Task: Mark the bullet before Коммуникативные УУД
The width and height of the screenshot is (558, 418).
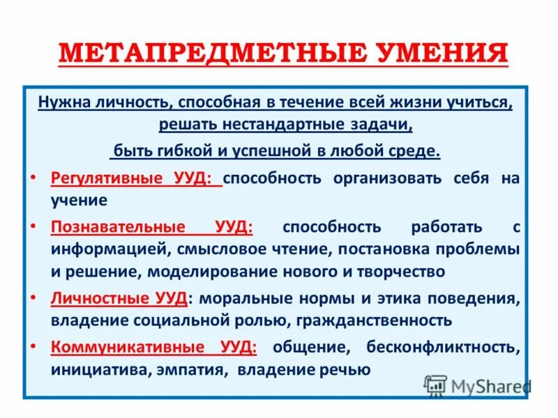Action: (35, 346)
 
